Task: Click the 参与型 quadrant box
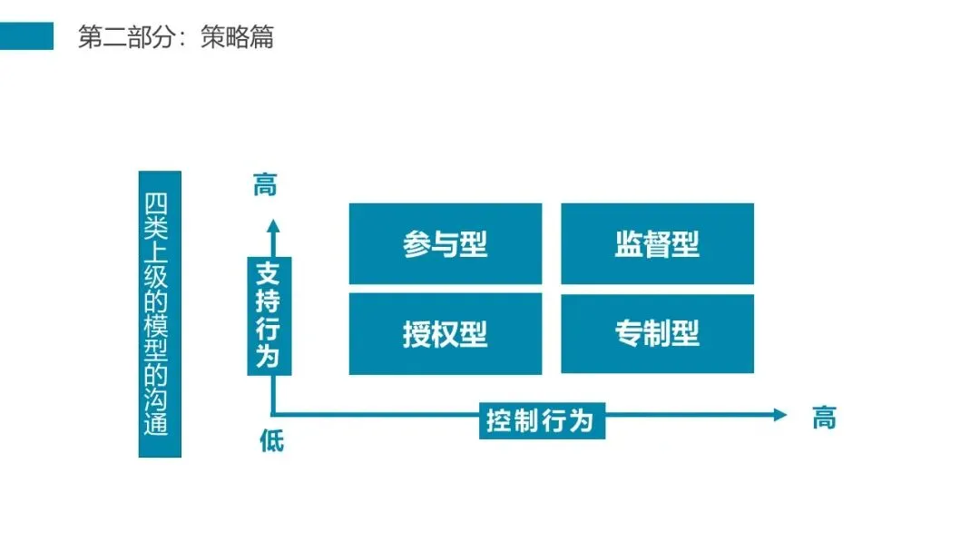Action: pyautogui.click(x=445, y=243)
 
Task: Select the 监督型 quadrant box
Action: pyautogui.click(x=657, y=243)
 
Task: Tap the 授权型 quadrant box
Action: pyautogui.click(x=445, y=333)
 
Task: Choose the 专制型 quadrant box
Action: pyautogui.click(x=657, y=333)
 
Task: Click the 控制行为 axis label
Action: pyautogui.click(x=541, y=421)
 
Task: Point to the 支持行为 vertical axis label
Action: pyautogui.click(x=266, y=315)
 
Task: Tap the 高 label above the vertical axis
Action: pyautogui.click(x=265, y=187)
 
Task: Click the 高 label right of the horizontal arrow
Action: pyautogui.click(x=823, y=419)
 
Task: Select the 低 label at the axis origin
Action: pyautogui.click(x=271, y=442)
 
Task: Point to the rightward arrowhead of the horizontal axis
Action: pyautogui.click(x=779, y=415)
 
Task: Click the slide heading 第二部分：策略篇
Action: pyautogui.click(x=175, y=37)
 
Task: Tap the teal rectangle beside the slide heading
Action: pyautogui.click(x=26, y=36)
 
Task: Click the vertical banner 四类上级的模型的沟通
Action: pyautogui.click(x=159, y=313)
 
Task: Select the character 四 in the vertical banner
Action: pyautogui.click(x=159, y=202)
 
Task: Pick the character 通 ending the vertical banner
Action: pyautogui.click(x=159, y=425)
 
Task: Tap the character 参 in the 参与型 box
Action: pyautogui.click(x=416, y=244)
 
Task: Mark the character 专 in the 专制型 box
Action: pyautogui.click(x=629, y=334)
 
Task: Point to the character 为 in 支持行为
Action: pyautogui.click(x=266, y=356)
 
